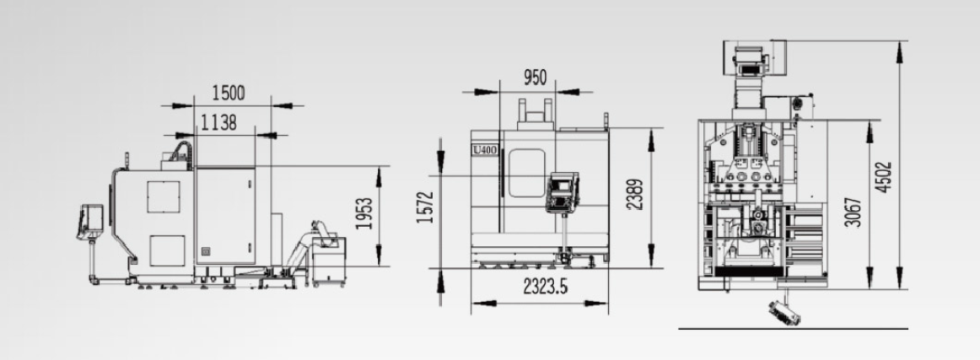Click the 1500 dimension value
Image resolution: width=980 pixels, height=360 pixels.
[228, 93]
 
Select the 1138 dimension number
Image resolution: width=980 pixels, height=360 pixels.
[218, 123]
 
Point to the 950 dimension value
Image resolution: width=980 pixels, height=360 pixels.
[535, 78]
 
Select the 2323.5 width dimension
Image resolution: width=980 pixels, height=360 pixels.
[546, 287]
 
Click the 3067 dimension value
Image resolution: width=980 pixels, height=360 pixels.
[855, 212]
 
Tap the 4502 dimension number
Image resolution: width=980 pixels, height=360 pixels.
[885, 177]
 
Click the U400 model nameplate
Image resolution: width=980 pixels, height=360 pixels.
[484, 150]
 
